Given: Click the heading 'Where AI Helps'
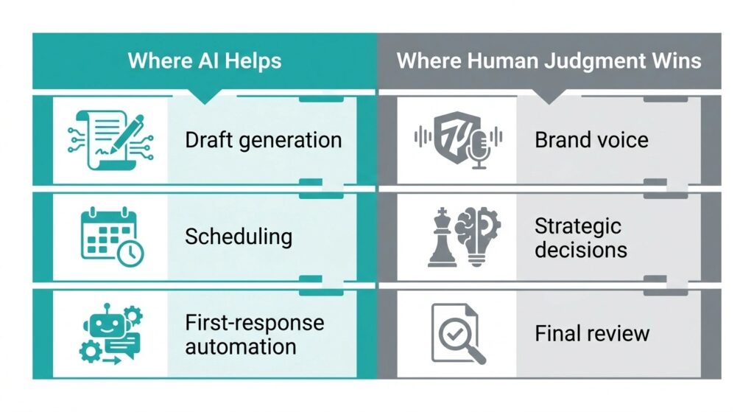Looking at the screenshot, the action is click(205, 61).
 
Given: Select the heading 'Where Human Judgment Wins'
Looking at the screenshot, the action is click(549, 61).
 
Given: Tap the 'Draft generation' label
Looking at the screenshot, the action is click(264, 141).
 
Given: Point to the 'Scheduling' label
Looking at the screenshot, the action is click(239, 237).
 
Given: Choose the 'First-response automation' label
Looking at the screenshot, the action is click(254, 335).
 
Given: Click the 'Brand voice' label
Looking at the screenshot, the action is click(591, 140).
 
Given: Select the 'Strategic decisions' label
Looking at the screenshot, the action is click(581, 238).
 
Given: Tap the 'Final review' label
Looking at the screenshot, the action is click(592, 333).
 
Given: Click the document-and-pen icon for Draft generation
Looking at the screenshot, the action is click(111, 139).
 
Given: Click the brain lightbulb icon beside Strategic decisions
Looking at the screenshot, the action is click(477, 236).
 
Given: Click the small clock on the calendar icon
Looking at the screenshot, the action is click(130, 253).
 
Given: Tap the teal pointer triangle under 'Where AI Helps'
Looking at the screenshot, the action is click(205, 97).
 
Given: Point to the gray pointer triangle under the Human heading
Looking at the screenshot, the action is click(549, 97).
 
